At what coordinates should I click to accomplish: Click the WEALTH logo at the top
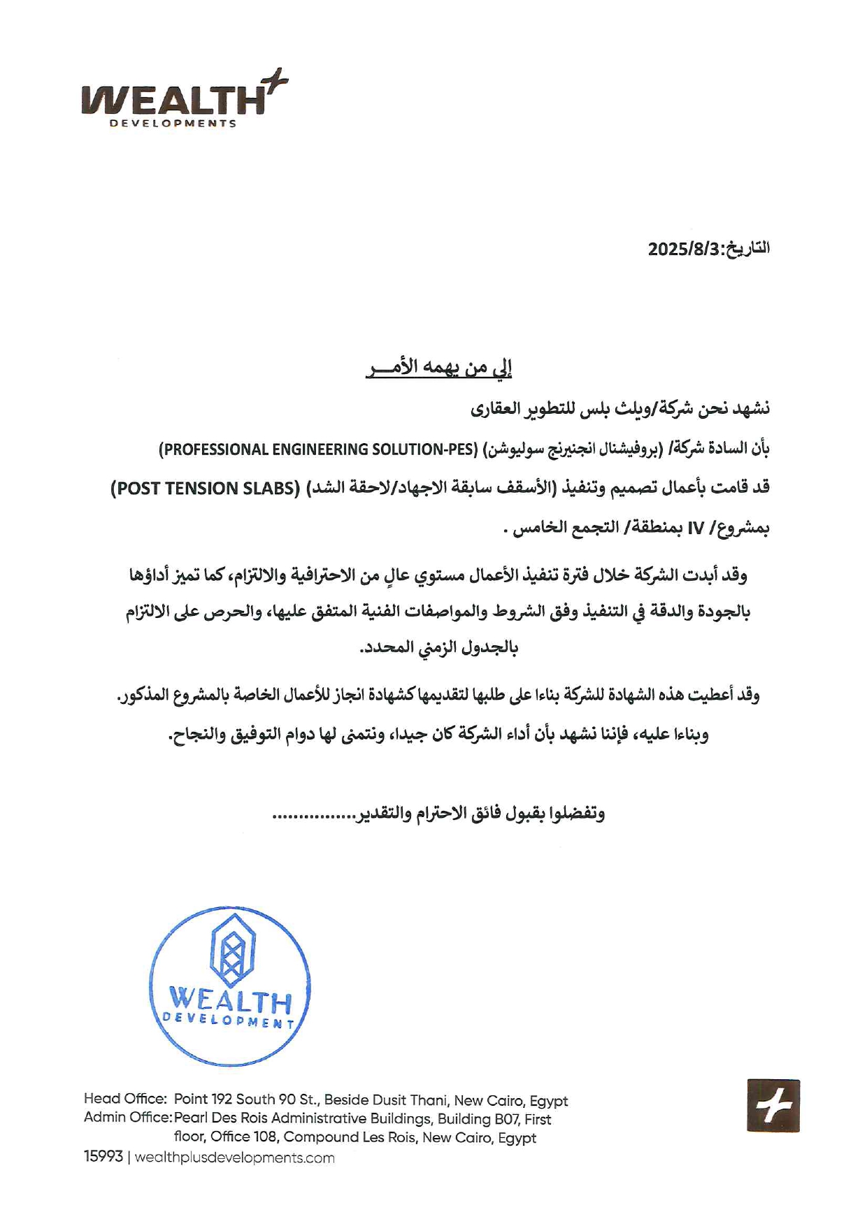[175, 100]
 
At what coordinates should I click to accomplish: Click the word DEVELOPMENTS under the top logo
[173, 124]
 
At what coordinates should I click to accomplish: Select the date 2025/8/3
[683, 250]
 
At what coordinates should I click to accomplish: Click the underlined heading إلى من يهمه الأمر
[438, 368]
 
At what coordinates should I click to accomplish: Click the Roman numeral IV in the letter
[695, 528]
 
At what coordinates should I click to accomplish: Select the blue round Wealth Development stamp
[230, 986]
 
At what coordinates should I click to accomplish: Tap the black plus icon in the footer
[773, 1106]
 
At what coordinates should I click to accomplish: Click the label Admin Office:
[128, 1118]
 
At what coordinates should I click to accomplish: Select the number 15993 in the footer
[103, 1158]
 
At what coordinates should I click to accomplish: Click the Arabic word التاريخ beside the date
[749, 249]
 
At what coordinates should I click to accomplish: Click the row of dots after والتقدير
[315, 815]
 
